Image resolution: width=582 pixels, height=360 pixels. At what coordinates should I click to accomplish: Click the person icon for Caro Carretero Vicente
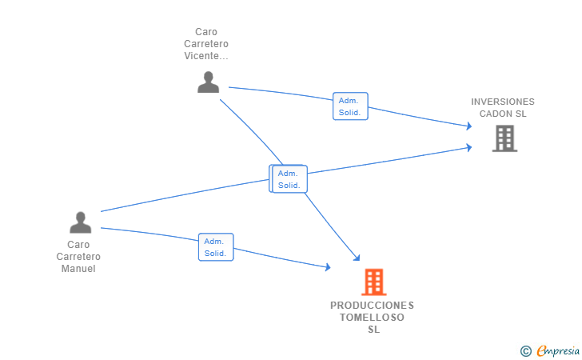point(208,82)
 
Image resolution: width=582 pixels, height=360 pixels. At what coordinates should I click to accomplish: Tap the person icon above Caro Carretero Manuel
point(81,222)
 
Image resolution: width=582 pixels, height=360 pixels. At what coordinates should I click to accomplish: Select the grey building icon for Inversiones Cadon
point(504,138)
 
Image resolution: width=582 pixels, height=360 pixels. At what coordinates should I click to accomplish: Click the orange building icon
point(374,282)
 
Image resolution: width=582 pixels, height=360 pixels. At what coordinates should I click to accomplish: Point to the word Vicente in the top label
point(206,56)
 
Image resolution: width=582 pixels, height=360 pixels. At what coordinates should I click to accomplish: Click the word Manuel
point(78,269)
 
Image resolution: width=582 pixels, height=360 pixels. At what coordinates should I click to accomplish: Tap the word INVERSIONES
point(503,102)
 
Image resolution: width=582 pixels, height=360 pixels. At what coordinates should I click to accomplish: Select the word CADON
point(495,114)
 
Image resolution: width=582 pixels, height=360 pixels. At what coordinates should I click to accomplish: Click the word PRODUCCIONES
point(373,306)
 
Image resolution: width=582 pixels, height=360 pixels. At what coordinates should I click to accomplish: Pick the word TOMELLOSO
point(373,318)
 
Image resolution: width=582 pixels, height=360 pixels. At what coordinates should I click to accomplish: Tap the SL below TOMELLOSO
point(374,330)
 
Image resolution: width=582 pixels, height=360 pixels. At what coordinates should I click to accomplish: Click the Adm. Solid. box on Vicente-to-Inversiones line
point(350,106)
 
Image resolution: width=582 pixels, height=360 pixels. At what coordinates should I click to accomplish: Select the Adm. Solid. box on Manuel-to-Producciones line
point(216,247)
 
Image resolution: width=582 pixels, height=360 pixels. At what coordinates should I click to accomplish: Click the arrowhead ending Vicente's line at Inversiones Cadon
point(469,126)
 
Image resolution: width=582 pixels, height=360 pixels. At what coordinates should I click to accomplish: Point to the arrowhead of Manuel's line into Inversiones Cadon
point(469,147)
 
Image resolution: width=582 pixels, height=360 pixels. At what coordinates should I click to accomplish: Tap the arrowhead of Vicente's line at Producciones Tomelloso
point(357,258)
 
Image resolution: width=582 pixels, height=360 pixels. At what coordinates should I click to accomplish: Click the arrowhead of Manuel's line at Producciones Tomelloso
point(328,266)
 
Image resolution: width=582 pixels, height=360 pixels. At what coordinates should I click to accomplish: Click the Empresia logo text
point(558,350)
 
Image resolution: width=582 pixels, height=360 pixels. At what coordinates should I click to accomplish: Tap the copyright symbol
point(525,351)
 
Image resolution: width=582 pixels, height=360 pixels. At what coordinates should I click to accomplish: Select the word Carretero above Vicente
point(206,44)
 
